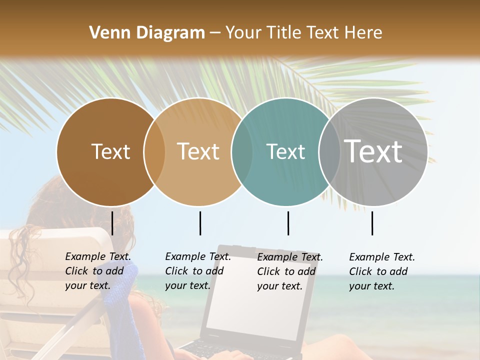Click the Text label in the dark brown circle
[111, 151]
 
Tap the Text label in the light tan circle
[198, 151]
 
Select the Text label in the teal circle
[285, 151]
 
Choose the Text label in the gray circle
[373, 151]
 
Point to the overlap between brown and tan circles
[154, 151]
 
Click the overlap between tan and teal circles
[242, 151]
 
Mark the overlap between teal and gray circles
[329, 151]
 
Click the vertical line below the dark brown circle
[112, 223]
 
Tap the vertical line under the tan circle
[200, 223]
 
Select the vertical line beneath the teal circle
[288, 223]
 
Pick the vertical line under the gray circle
[372, 223]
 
